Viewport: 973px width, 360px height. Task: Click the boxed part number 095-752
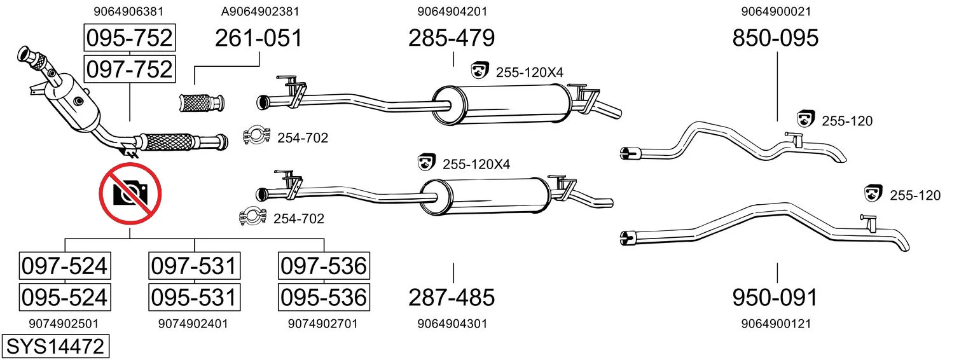[130, 38]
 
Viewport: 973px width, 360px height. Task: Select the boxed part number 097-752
[130, 69]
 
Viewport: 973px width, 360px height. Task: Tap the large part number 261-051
[258, 38]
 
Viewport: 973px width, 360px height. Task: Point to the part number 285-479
[452, 38]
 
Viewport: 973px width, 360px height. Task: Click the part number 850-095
[776, 38]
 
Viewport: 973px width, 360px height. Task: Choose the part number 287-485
[452, 298]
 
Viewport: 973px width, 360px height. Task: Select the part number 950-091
[775, 298]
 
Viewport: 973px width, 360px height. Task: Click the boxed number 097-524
[65, 266]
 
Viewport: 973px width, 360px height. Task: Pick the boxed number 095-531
[194, 298]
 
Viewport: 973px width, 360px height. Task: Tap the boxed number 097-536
[324, 266]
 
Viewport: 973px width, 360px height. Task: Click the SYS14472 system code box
[55, 347]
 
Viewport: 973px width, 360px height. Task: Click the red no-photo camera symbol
[130, 194]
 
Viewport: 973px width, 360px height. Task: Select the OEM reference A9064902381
[260, 11]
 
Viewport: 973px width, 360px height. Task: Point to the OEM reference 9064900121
[776, 324]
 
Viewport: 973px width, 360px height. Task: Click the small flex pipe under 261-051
[202, 103]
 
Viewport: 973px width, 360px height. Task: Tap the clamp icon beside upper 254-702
[257, 136]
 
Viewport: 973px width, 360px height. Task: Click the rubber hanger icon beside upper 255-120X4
[480, 70]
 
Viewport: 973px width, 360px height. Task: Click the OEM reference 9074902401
[193, 324]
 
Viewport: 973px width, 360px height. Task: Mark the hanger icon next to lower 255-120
[874, 193]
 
